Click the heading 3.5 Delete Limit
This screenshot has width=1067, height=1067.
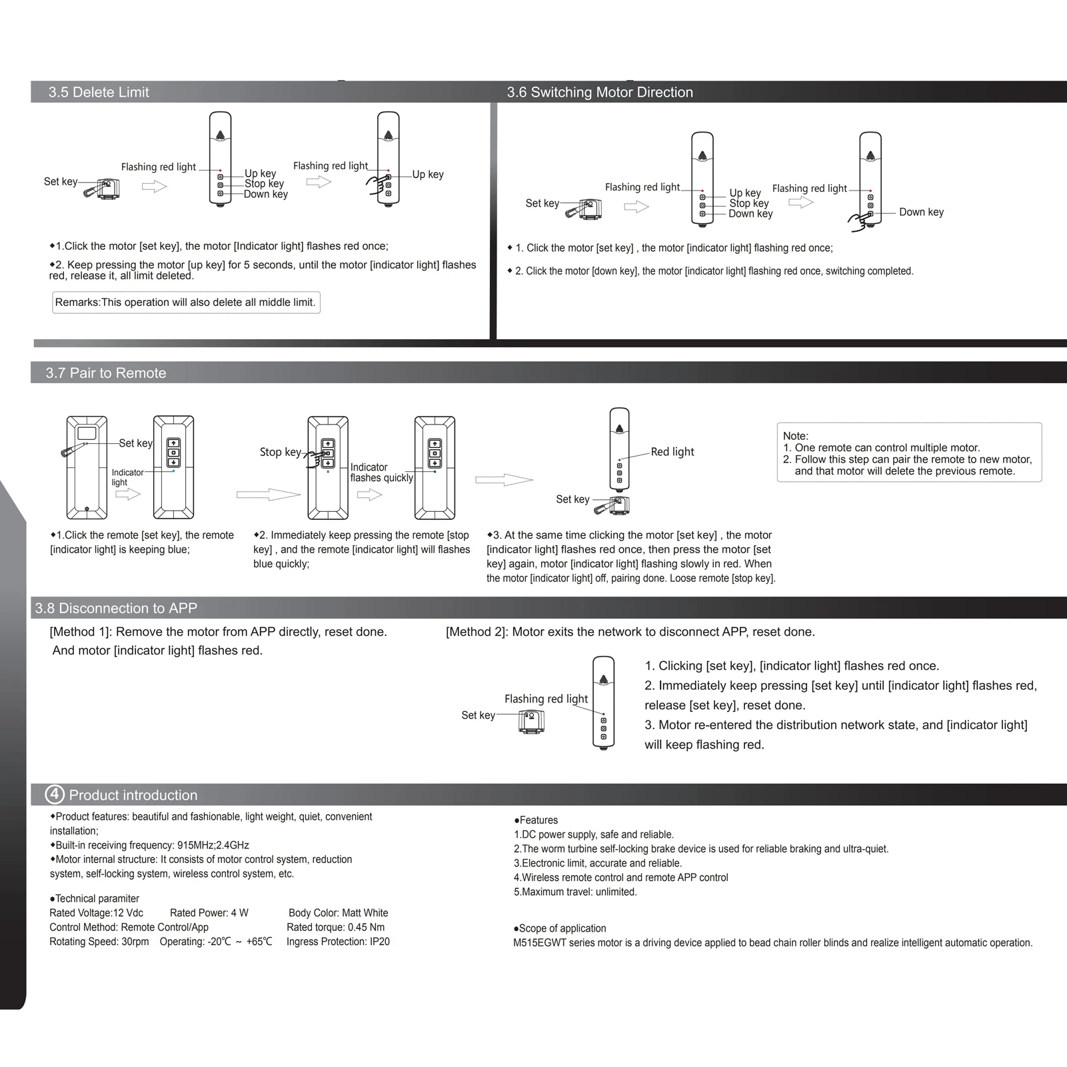tap(99, 93)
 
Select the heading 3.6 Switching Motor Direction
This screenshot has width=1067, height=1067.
tap(600, 93)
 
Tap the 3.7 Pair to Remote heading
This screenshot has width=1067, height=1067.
tap(106, 373)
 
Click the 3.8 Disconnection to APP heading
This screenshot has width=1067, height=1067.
tap(116, 608)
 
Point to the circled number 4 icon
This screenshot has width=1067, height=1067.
tap(55, 794)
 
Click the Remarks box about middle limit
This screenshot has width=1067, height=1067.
tap(186, 303)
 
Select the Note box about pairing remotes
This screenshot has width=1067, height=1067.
tap(908, 453)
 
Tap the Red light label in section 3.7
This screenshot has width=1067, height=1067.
tap(672, 452)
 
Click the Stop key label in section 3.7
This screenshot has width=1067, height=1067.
tap(280, 452)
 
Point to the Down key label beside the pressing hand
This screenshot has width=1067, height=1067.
tap(921, 213)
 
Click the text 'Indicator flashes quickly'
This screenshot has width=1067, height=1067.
tap(381, 473)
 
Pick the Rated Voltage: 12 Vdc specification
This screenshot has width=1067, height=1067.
tap(96, 913)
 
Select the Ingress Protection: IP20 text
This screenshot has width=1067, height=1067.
tap(338, 942)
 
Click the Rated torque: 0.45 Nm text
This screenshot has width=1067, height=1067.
tap(335, 927)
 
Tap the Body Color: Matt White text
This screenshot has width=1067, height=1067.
tap(338, 913)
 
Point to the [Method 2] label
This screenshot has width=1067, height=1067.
tap(476, 632)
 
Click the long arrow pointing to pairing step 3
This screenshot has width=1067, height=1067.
tap(504, 480)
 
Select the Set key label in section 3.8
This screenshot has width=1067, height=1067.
tap(478, 716)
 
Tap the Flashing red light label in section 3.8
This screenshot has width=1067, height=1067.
tap(546, 699)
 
